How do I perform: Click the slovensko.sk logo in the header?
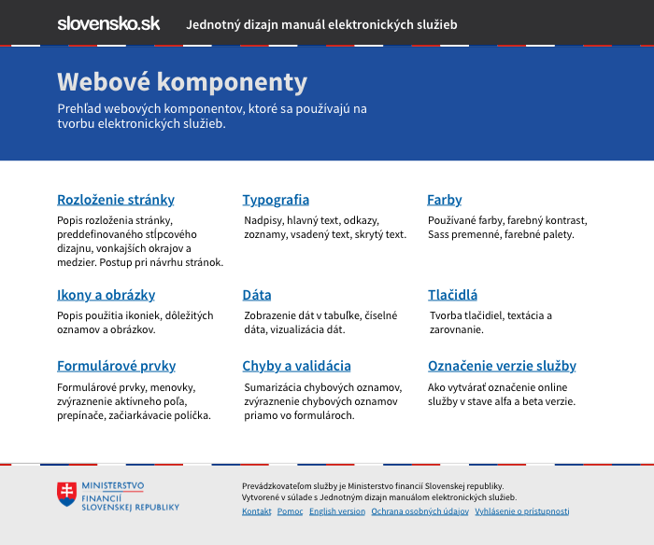pos(108,23)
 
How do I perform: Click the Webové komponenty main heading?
pos(182,81)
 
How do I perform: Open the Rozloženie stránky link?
pos(116,200)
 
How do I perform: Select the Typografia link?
pos(276,200)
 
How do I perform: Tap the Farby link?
pos(445,200)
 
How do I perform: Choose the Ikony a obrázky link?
pos(107,295)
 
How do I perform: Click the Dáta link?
pos(257,295)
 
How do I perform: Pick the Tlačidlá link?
pos(453,295)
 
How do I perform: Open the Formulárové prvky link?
pos(117,366)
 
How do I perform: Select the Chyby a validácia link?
pos(297,366)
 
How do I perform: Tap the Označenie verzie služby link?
pos(503,366)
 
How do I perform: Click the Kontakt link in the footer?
pos(257,511)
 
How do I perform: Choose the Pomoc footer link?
pos(291,511)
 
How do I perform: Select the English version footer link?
pos(337,511)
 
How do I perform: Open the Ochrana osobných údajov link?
pos(419,511)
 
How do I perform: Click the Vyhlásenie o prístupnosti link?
pos(522,511)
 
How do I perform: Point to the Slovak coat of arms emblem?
pos(66,495)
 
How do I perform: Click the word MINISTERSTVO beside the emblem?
pos(113,486)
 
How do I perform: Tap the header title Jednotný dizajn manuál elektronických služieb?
pos(321,24)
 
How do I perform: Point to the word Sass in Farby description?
pos(439,234)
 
